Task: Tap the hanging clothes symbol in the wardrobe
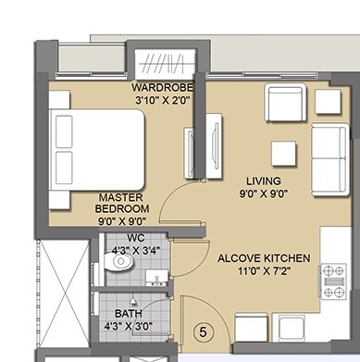coord(168,64)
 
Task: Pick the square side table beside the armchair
coord(328,100)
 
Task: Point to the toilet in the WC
coord(118,265)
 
